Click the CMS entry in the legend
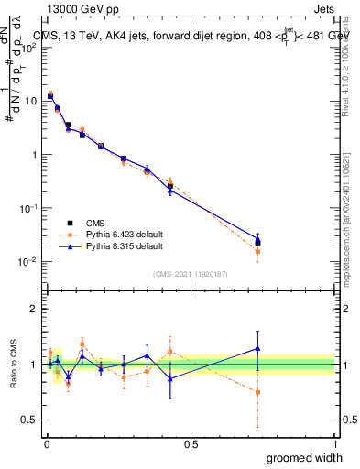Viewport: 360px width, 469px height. pos(97,222)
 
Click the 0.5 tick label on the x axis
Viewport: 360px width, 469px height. pos(191,443)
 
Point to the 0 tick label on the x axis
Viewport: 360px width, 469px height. pos(47,443)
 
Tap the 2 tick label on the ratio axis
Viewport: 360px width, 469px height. pos(33,309)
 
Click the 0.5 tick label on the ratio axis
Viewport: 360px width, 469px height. pos(29,420)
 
